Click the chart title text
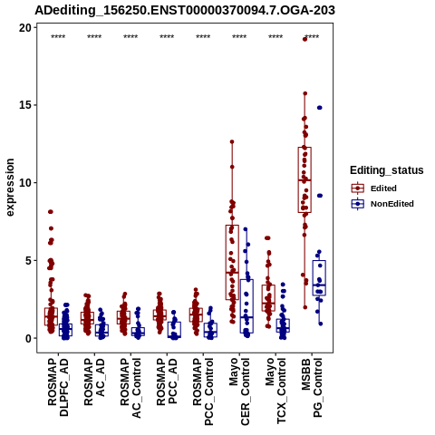point(185,11)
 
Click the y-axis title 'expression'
point(10,188)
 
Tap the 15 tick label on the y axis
point(25,105)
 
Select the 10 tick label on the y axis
point(25,183)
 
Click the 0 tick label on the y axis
point(29,338)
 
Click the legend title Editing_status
point(387,170)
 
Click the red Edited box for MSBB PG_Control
point(304,180)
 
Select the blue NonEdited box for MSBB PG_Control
point(319,278)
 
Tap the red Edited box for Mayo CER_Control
point(232,263)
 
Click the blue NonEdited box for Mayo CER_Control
point(246,306)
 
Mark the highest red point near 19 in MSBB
point(305,39)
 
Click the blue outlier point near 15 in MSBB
point(320,108)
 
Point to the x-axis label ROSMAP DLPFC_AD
point(58,387)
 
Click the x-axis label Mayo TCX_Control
point(275,391)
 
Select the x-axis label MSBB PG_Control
point(312,388)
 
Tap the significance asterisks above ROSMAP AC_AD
point(94,37)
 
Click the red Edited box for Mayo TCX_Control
point(268,298)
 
